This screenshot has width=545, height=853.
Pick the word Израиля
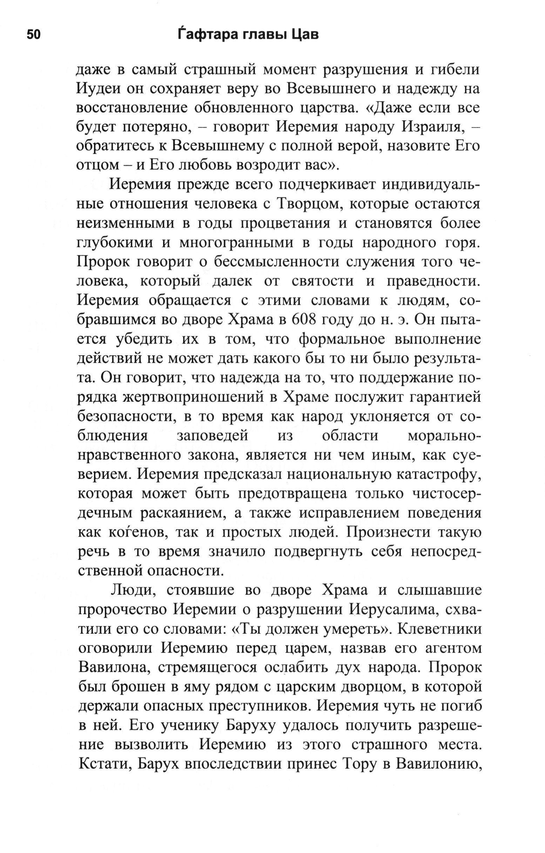tap(432, 127)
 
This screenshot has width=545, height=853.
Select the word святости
tap(322, 281)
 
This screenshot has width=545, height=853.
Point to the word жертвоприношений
tap(195, 397)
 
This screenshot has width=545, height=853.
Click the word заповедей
tap(212, 435)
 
